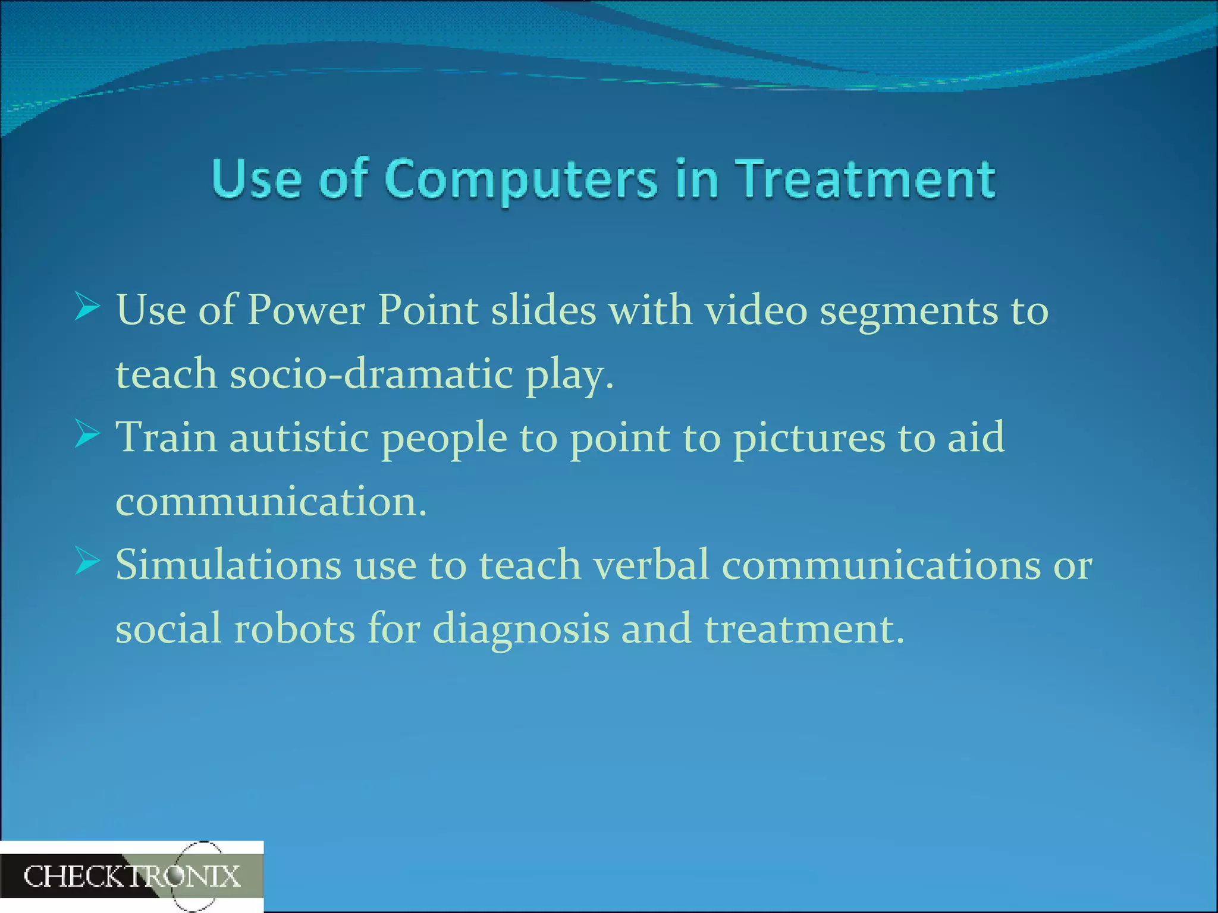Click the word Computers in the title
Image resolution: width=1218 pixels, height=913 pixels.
point(521,180)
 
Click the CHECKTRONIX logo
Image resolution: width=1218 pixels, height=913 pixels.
point(131,876)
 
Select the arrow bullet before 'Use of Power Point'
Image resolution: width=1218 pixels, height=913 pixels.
point(87,307)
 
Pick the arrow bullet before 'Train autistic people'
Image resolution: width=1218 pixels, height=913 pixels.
point(87,435)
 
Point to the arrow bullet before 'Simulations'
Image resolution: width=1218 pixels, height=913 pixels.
point(87,562)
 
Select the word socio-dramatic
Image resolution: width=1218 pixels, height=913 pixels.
point(371,374)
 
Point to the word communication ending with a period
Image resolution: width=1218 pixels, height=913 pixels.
point(271,501)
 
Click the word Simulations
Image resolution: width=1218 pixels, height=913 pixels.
point(228,565)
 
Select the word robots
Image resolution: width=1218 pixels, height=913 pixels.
point(294,628)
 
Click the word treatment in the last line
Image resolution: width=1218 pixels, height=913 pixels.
point(804,628)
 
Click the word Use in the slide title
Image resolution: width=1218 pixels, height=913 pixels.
point(256,180)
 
